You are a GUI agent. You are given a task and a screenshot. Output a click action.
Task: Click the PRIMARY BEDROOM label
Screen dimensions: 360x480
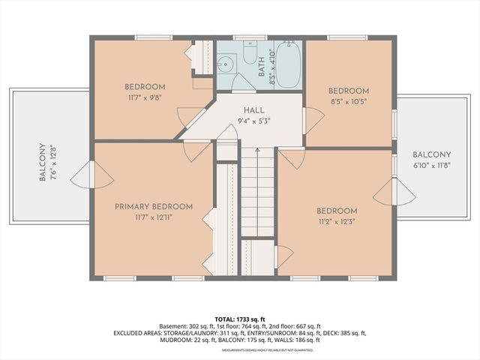tap(154, 206)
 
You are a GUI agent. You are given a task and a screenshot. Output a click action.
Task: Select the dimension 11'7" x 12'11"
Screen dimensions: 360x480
tap(154, 217)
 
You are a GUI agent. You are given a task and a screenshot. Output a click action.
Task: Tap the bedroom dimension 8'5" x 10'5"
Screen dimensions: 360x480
tap(349, 101)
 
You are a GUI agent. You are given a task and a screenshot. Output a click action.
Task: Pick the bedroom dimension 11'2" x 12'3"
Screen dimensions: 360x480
tap(336, 222)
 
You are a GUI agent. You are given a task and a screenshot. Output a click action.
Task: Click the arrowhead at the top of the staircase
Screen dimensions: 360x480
tap(257, 150)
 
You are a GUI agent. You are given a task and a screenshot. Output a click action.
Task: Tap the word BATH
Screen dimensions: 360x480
tap(262, 68)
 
